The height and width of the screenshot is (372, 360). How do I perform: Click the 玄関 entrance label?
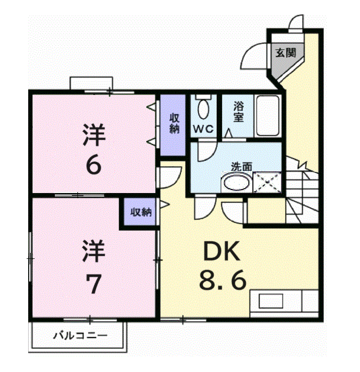[286, 52]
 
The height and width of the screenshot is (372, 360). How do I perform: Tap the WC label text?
[204, 129]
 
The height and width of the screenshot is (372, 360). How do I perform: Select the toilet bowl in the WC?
[203, 109]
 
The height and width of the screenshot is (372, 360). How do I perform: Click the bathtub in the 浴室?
[268, 116]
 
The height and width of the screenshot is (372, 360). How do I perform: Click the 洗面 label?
[241, 166]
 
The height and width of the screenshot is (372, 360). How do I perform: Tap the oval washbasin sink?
[237, 182]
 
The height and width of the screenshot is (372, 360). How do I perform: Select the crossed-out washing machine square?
[267, 182]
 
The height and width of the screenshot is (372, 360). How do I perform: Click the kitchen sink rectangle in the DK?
[271, 301]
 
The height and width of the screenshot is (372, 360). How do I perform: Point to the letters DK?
[221, 251]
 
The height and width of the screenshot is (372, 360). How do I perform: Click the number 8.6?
[223, 280]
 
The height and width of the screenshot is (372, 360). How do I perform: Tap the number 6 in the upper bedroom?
[93, 165]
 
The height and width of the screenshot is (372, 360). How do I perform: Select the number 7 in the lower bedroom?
[93, 284]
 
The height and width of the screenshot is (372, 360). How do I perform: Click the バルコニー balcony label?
[80, 335]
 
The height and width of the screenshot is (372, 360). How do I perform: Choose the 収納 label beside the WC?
[174, 123]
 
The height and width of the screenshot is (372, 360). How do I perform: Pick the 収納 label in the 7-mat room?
[141, 212]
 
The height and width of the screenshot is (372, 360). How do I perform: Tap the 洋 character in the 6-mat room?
[94, 135]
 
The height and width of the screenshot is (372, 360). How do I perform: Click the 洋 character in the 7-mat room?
[94, 251]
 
